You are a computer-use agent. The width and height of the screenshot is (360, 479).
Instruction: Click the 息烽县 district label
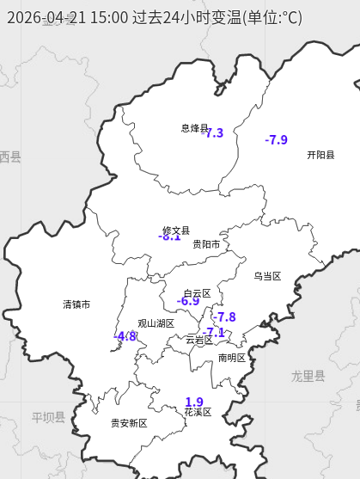[194, 128]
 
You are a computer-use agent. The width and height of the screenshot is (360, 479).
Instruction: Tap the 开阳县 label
[320, 155]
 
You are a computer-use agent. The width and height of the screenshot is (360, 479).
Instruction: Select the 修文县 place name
[176, 230]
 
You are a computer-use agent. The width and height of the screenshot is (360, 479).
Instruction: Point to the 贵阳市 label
[206, 244]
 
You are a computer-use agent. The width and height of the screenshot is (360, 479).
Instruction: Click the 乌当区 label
[267, 276]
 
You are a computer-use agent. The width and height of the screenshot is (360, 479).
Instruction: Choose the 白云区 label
[197, 293]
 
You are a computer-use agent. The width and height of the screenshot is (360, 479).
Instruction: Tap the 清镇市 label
[76, 304]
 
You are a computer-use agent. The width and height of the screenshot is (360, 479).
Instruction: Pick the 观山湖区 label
[156, 323]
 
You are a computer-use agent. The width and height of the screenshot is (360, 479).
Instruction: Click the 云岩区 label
[199, 340]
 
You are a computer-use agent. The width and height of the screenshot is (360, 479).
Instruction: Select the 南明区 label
[232, 358]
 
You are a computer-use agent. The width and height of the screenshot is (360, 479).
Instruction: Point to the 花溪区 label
[198, 412]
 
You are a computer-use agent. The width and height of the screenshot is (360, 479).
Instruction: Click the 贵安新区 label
[129, 423]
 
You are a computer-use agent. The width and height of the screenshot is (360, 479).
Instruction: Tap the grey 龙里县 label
[308, 376]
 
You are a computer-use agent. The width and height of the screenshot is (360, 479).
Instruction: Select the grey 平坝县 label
[48, 417]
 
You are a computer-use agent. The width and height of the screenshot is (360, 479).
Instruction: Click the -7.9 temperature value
[277, 139]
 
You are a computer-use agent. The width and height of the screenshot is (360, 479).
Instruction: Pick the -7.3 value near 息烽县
[213, 133]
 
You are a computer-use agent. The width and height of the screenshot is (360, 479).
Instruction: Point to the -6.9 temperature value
[188, 301]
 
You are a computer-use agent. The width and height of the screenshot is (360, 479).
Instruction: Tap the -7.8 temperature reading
[224, 317]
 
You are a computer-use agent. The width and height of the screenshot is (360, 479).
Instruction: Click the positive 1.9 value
[194, 402]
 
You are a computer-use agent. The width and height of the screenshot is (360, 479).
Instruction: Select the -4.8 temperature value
[125, 336]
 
